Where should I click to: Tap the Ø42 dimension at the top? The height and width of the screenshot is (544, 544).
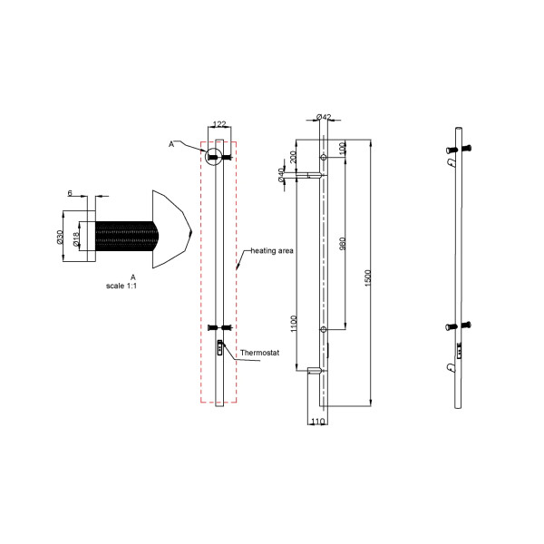click(x=324, y=118)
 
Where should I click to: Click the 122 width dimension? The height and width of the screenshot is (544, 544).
click(x=219, y=126)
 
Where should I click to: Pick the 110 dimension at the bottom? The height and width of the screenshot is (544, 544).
click(x=317, y=422)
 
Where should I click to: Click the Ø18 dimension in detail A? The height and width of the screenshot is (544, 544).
click(x=76, y=238)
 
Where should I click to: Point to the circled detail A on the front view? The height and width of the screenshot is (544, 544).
click(x=215, y=154)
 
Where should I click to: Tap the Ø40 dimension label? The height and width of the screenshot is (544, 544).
click(x=282, y=175)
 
